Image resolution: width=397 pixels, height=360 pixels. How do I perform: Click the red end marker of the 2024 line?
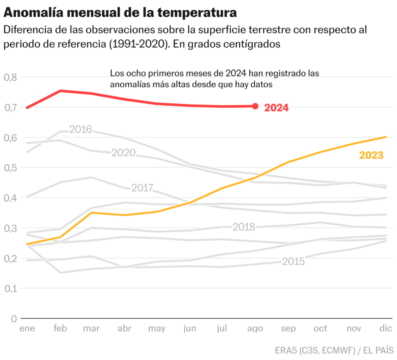255,106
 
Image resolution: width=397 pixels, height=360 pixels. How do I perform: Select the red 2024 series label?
276,108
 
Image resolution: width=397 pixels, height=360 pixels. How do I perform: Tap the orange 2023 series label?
371,156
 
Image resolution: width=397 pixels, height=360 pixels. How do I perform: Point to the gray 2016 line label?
80,129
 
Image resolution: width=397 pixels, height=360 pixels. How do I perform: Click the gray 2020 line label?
123,153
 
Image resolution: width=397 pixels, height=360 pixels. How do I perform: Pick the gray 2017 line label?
143,188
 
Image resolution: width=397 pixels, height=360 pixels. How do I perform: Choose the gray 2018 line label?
244,227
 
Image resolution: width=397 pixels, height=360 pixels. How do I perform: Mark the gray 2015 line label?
293,261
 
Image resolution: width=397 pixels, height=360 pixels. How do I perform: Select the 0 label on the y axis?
14,318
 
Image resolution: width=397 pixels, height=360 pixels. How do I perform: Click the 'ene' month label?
27,329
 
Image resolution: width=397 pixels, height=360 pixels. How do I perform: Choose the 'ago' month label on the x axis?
255,329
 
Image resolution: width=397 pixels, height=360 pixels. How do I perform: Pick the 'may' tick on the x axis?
157,329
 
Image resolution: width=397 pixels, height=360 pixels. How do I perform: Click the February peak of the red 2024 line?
60,91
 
